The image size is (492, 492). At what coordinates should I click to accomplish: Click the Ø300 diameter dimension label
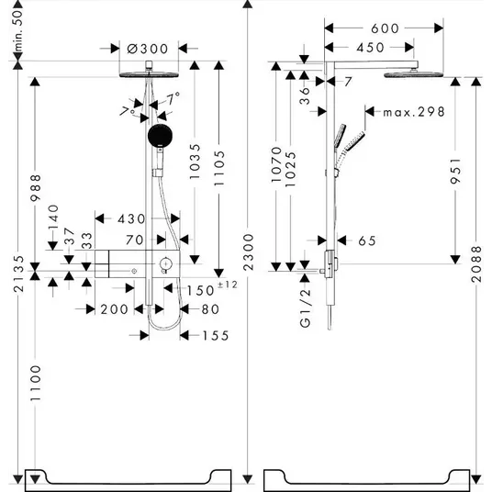148,49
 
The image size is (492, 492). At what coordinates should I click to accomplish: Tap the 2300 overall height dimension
248,252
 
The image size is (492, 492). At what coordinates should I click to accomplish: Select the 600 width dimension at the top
385,28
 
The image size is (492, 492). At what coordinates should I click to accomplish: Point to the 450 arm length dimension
370,48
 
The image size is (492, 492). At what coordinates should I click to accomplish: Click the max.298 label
414,112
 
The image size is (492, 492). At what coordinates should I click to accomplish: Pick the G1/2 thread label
305,308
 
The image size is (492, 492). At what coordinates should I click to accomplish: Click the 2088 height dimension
476,263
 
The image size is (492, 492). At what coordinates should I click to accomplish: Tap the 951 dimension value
455,171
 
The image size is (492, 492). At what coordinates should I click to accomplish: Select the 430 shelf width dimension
131,219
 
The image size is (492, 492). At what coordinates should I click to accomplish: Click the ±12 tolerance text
228,285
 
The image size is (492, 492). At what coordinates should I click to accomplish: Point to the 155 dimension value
216,336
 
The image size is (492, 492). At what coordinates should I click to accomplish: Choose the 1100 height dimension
35,383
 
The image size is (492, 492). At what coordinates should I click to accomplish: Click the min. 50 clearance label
18,30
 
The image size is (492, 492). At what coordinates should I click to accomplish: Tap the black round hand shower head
160,135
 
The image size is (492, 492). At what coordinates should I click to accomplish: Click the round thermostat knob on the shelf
164,263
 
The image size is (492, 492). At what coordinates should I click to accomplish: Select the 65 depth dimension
367,241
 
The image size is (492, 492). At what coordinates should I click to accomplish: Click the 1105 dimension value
219,169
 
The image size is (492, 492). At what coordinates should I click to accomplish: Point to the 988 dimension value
35,188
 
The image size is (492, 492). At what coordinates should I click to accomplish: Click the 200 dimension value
114,309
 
